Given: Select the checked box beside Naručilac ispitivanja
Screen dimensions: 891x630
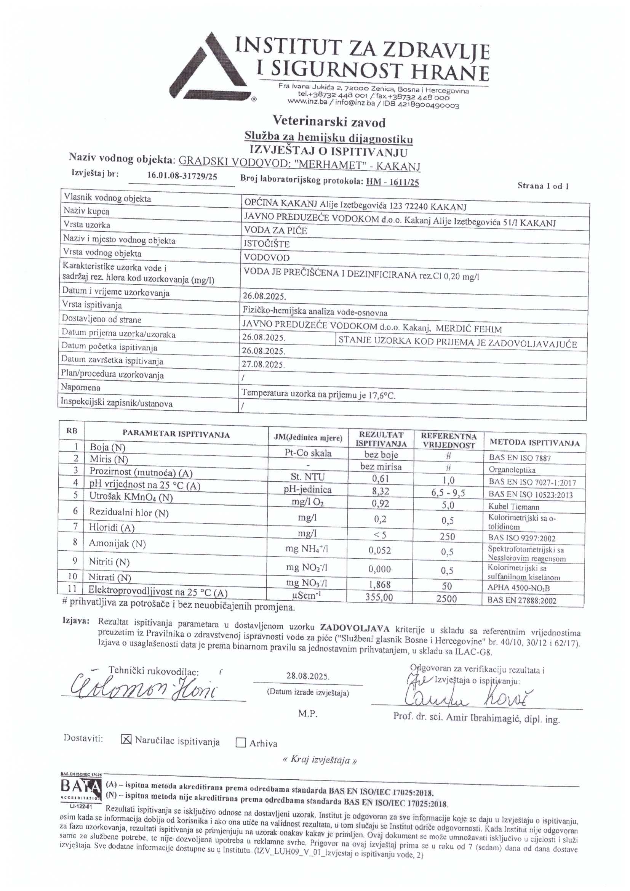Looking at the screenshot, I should (126, 740).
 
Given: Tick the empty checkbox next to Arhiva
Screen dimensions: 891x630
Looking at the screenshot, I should (241, 743).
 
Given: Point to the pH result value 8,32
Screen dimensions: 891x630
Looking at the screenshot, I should (381, 491).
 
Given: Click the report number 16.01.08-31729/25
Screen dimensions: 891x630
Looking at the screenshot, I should (182, 176).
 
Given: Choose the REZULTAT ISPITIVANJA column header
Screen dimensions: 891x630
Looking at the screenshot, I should (381, 439).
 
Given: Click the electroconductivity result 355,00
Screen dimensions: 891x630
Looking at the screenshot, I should (379, 597).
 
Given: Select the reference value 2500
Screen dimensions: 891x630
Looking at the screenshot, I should (446, 598).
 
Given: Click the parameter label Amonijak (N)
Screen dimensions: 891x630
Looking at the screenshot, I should (117, 543).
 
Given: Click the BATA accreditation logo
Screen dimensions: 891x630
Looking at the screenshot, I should (81, 790).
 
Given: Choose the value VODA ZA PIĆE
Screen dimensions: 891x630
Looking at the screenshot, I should (275, 231).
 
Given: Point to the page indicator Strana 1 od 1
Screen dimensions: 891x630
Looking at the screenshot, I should (543, 186).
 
